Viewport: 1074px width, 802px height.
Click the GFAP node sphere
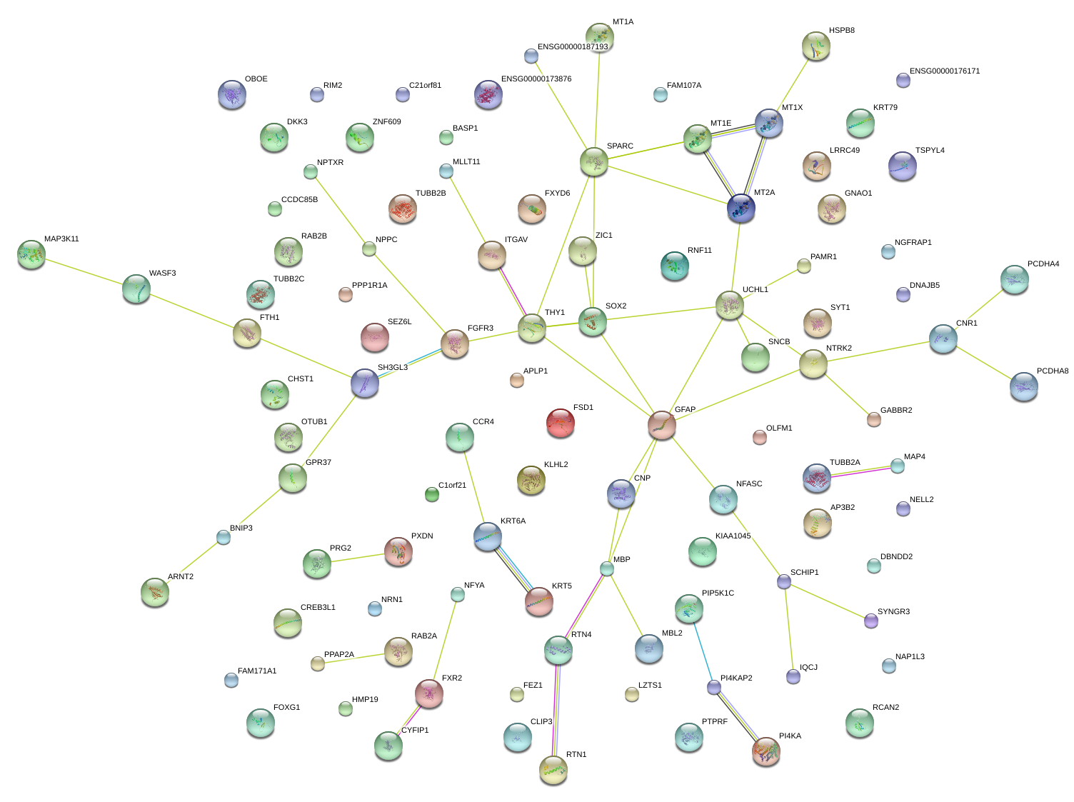(x=662, y=425)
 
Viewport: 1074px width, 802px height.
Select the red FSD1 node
(x=560, y=422)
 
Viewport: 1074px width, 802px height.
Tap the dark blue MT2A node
(x=741, y=208)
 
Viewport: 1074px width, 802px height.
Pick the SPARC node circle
(x=593, y=162)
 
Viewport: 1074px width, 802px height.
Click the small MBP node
(x=607, y=568)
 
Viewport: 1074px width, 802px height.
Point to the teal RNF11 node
(x=675, y=265)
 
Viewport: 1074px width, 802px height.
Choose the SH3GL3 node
(x=365, y=383)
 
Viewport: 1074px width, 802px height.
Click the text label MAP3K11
(x=61, y=239)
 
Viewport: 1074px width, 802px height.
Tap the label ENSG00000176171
(x=944, y=71)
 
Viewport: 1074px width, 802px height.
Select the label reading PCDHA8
(x=1052, y=371)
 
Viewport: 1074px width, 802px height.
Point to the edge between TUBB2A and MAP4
(x=857, y=472)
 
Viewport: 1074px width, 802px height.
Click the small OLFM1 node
(x=760, y=436)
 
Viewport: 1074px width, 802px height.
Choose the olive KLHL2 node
(x=531, y=480)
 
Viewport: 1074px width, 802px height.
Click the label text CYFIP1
(x=415, y=731)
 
